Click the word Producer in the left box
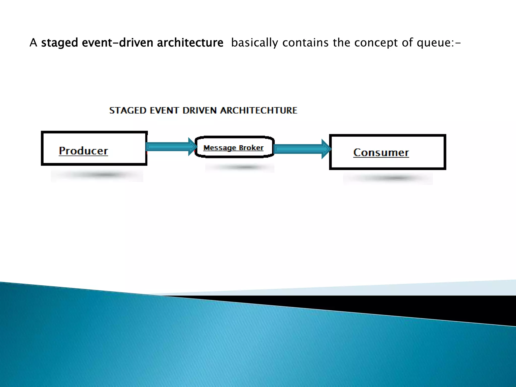[83, 151]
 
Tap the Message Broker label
[233, 148]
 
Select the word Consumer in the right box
[381, 153]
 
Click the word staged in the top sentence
[59, 43]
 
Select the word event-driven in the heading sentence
[117, 43]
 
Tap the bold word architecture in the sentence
[190, 43]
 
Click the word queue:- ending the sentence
[439, 43]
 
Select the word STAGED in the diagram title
[128, 111]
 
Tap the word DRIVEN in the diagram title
[199, 111]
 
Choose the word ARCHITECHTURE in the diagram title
[259, 111]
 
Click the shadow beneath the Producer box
[97, 175]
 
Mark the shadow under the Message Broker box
[239, 167]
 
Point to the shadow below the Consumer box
[388, 178]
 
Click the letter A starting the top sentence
[33, 43]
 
